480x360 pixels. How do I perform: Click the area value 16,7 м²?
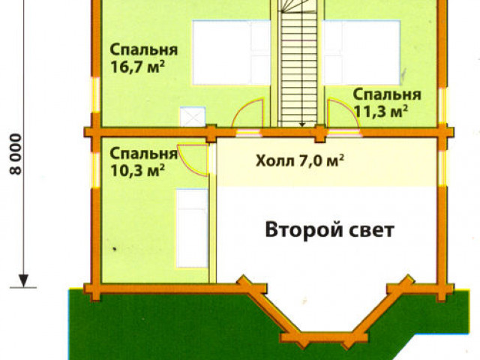pos(137,67)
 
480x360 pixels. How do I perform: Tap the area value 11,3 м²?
pos(380,111)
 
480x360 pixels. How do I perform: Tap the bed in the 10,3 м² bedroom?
pos(191,228)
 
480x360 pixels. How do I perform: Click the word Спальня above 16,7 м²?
pos(143,50)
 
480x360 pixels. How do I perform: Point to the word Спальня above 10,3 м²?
pos(143,154)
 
